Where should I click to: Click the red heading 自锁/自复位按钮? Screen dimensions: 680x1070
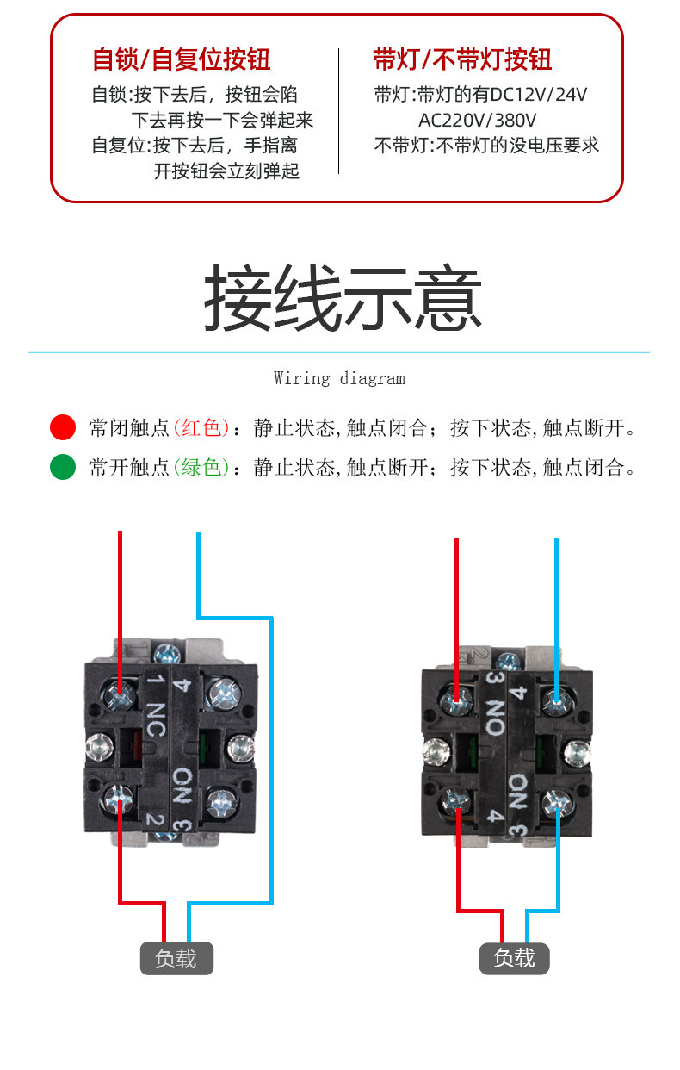182,59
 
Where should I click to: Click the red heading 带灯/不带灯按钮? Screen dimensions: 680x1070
462,59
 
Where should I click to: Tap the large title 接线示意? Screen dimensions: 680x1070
343,297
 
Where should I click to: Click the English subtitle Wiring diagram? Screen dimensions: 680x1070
340,378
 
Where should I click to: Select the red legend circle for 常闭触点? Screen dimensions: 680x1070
63,427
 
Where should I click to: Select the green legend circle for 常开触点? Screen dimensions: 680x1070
63,467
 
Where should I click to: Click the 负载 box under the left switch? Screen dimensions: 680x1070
176,958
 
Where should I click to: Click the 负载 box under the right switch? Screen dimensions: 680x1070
514,958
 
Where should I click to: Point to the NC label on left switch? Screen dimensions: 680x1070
157,719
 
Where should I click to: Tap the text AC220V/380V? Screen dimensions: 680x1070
477,120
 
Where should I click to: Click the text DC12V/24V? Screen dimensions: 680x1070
538,95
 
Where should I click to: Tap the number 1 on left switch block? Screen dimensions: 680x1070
156,679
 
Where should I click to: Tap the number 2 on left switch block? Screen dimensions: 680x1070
155,819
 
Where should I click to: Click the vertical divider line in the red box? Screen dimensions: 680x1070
339,111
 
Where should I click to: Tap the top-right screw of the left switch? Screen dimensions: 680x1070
223,694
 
